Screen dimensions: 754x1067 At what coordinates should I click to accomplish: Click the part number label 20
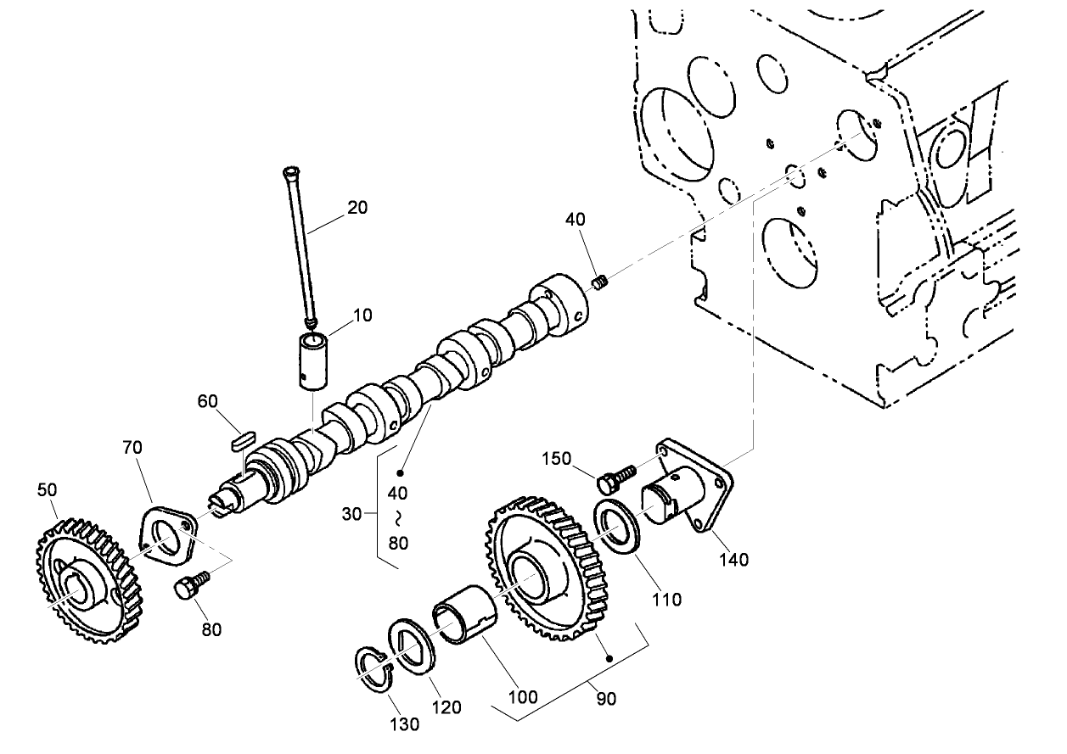(x=357, y=207)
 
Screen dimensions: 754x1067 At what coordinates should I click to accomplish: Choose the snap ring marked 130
(x=372, y=670)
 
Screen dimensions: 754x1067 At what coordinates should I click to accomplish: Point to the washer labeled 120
(x=411, y=648)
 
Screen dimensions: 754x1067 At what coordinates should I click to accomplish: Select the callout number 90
(x=606, y=698)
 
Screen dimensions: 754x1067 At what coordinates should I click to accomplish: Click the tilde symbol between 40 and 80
(x=398, y=516)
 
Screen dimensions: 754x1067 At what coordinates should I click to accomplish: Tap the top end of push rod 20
(x=288, y=175)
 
